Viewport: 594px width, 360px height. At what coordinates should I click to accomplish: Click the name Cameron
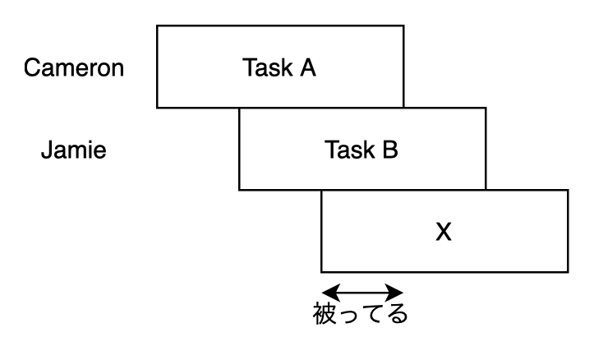(74, 67)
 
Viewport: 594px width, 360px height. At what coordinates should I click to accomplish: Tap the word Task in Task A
(262, 67)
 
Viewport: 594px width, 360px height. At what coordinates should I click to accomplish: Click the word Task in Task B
(344, 150)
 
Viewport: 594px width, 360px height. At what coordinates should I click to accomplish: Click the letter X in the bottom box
(444, 233)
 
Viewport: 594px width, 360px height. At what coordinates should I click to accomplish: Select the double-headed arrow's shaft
(362, 293)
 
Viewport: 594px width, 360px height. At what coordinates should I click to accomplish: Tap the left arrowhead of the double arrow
(326, 293)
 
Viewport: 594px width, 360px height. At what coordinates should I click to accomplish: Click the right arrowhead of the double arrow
(398, 293)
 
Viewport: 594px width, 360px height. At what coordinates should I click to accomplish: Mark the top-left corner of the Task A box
(157, 25)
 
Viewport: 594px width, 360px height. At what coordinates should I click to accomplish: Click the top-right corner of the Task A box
(403, 25)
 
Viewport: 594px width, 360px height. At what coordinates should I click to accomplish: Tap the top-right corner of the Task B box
(486, 108)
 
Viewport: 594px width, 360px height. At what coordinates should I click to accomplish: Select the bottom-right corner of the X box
(568, 272)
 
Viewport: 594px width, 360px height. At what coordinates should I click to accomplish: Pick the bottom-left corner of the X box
(321, 272)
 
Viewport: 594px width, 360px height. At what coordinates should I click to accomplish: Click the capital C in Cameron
(30, 67)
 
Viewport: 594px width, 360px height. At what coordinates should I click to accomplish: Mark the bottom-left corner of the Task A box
(157, 108)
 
